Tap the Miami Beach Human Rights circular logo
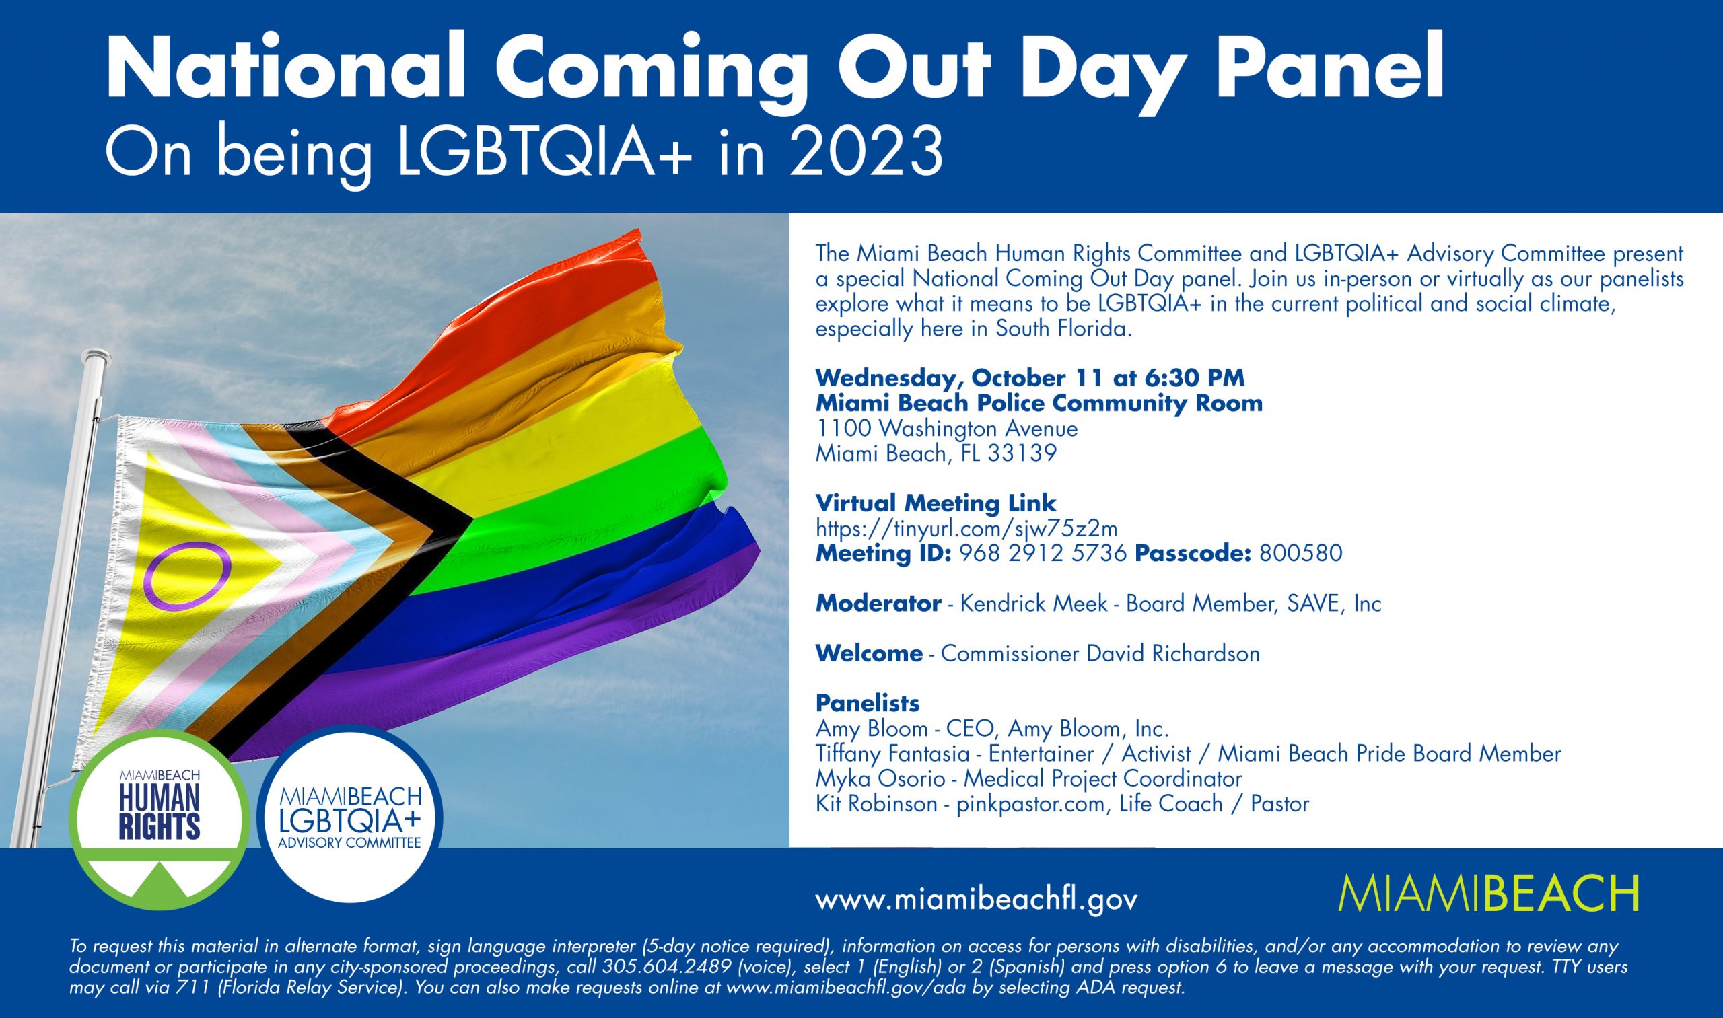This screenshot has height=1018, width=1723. (160, 820)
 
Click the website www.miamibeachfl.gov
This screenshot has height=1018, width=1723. (977, 900)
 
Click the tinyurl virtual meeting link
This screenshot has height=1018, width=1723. (966, 528)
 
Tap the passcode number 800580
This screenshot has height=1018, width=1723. (1300, 553)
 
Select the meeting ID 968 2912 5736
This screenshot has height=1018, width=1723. (1043, 553)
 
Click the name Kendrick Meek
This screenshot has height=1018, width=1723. (1033, 603)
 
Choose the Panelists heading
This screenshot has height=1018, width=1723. (868, 703)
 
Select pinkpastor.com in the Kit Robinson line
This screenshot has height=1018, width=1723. (1030, 804)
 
